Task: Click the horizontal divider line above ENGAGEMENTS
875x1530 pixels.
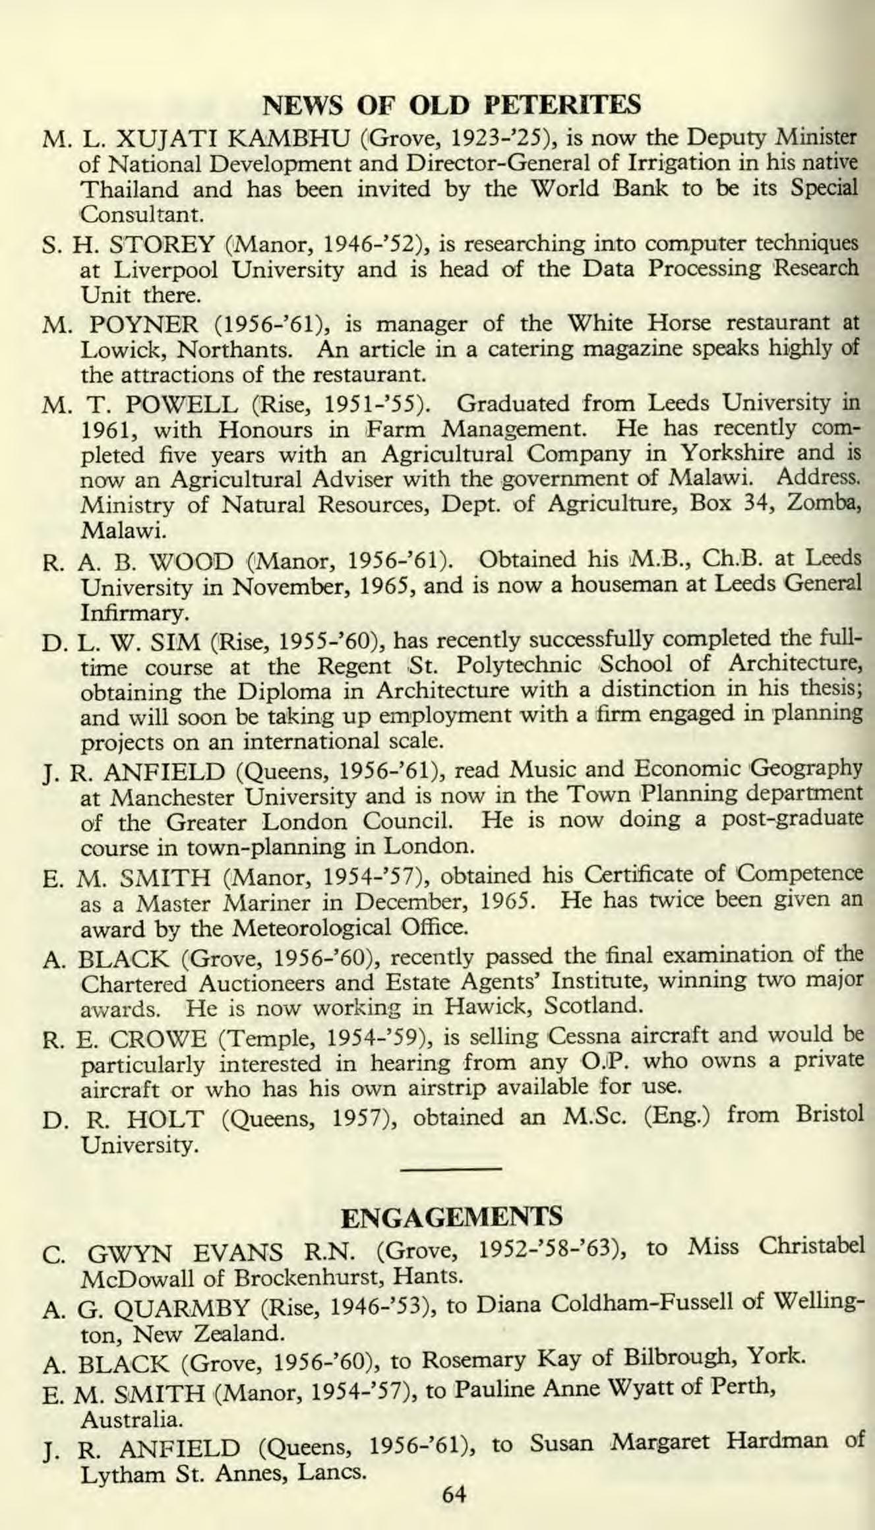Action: pyautogui.click(x=452, y=1169)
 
